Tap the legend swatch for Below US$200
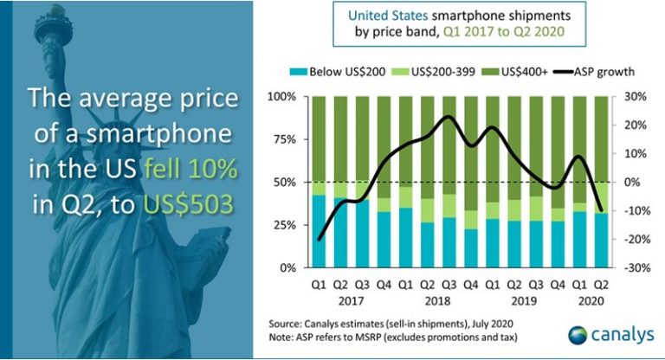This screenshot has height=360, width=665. pos(299,69)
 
